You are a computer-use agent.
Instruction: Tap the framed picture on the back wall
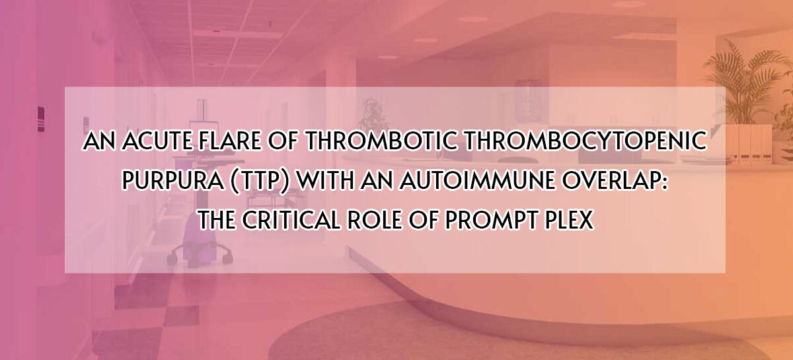coord(527,96)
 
